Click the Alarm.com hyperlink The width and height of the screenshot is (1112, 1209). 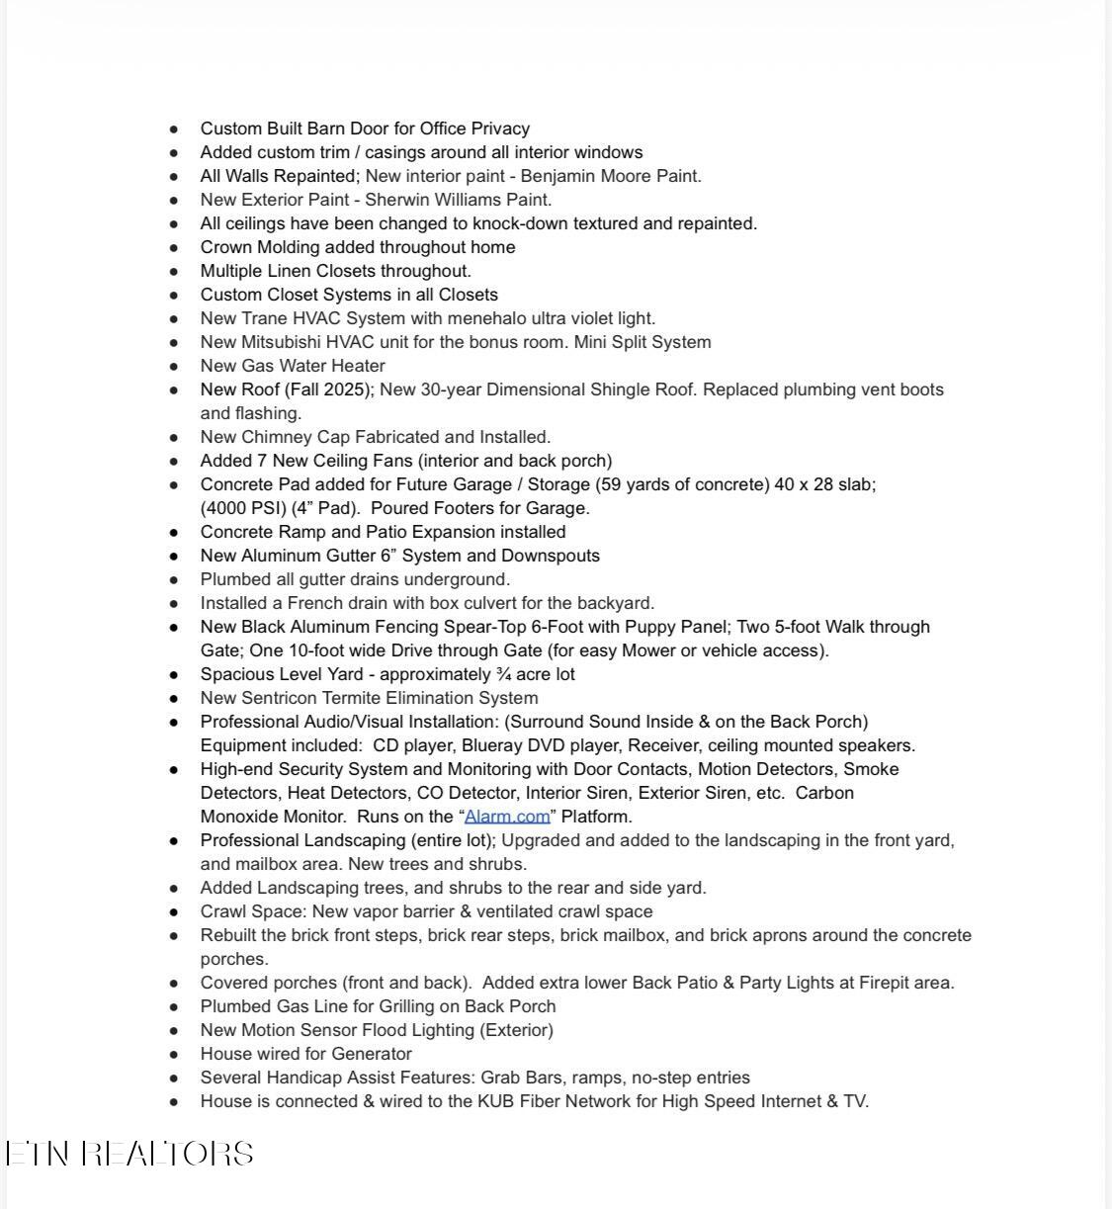point(507,817)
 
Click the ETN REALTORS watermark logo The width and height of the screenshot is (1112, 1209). point(129,1154)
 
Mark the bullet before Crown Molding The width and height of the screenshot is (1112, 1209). point(175,248)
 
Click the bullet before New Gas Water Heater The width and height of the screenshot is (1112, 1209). point(175,367)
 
